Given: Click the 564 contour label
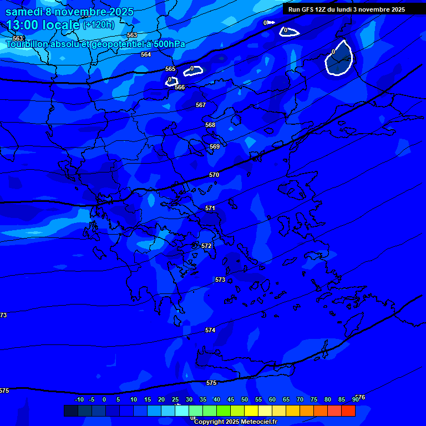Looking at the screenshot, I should tap(146, 54).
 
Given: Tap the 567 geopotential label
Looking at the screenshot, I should tap(201, 105).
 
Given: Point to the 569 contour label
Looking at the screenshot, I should tap(215, 146).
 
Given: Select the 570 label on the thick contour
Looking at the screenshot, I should tap(214, 175).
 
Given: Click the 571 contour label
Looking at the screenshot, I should tap(210, 208).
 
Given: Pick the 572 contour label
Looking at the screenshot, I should tap(206, 246).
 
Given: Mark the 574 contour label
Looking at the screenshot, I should tap(210, 330).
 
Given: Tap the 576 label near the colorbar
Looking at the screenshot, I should tap(361, 397).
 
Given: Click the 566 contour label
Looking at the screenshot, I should tap(180, 88).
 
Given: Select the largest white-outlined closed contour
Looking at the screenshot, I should tap(339, 58).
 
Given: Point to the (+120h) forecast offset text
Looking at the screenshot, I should tap(99, 25).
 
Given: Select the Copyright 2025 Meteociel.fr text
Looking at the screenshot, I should tap(235, 422).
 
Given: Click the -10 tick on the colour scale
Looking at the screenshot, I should tap(79, 399).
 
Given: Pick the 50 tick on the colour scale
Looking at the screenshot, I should tap(245, 399).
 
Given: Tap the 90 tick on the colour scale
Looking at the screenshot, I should tap(355, 399).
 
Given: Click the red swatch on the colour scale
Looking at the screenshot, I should tap(348, 410).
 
